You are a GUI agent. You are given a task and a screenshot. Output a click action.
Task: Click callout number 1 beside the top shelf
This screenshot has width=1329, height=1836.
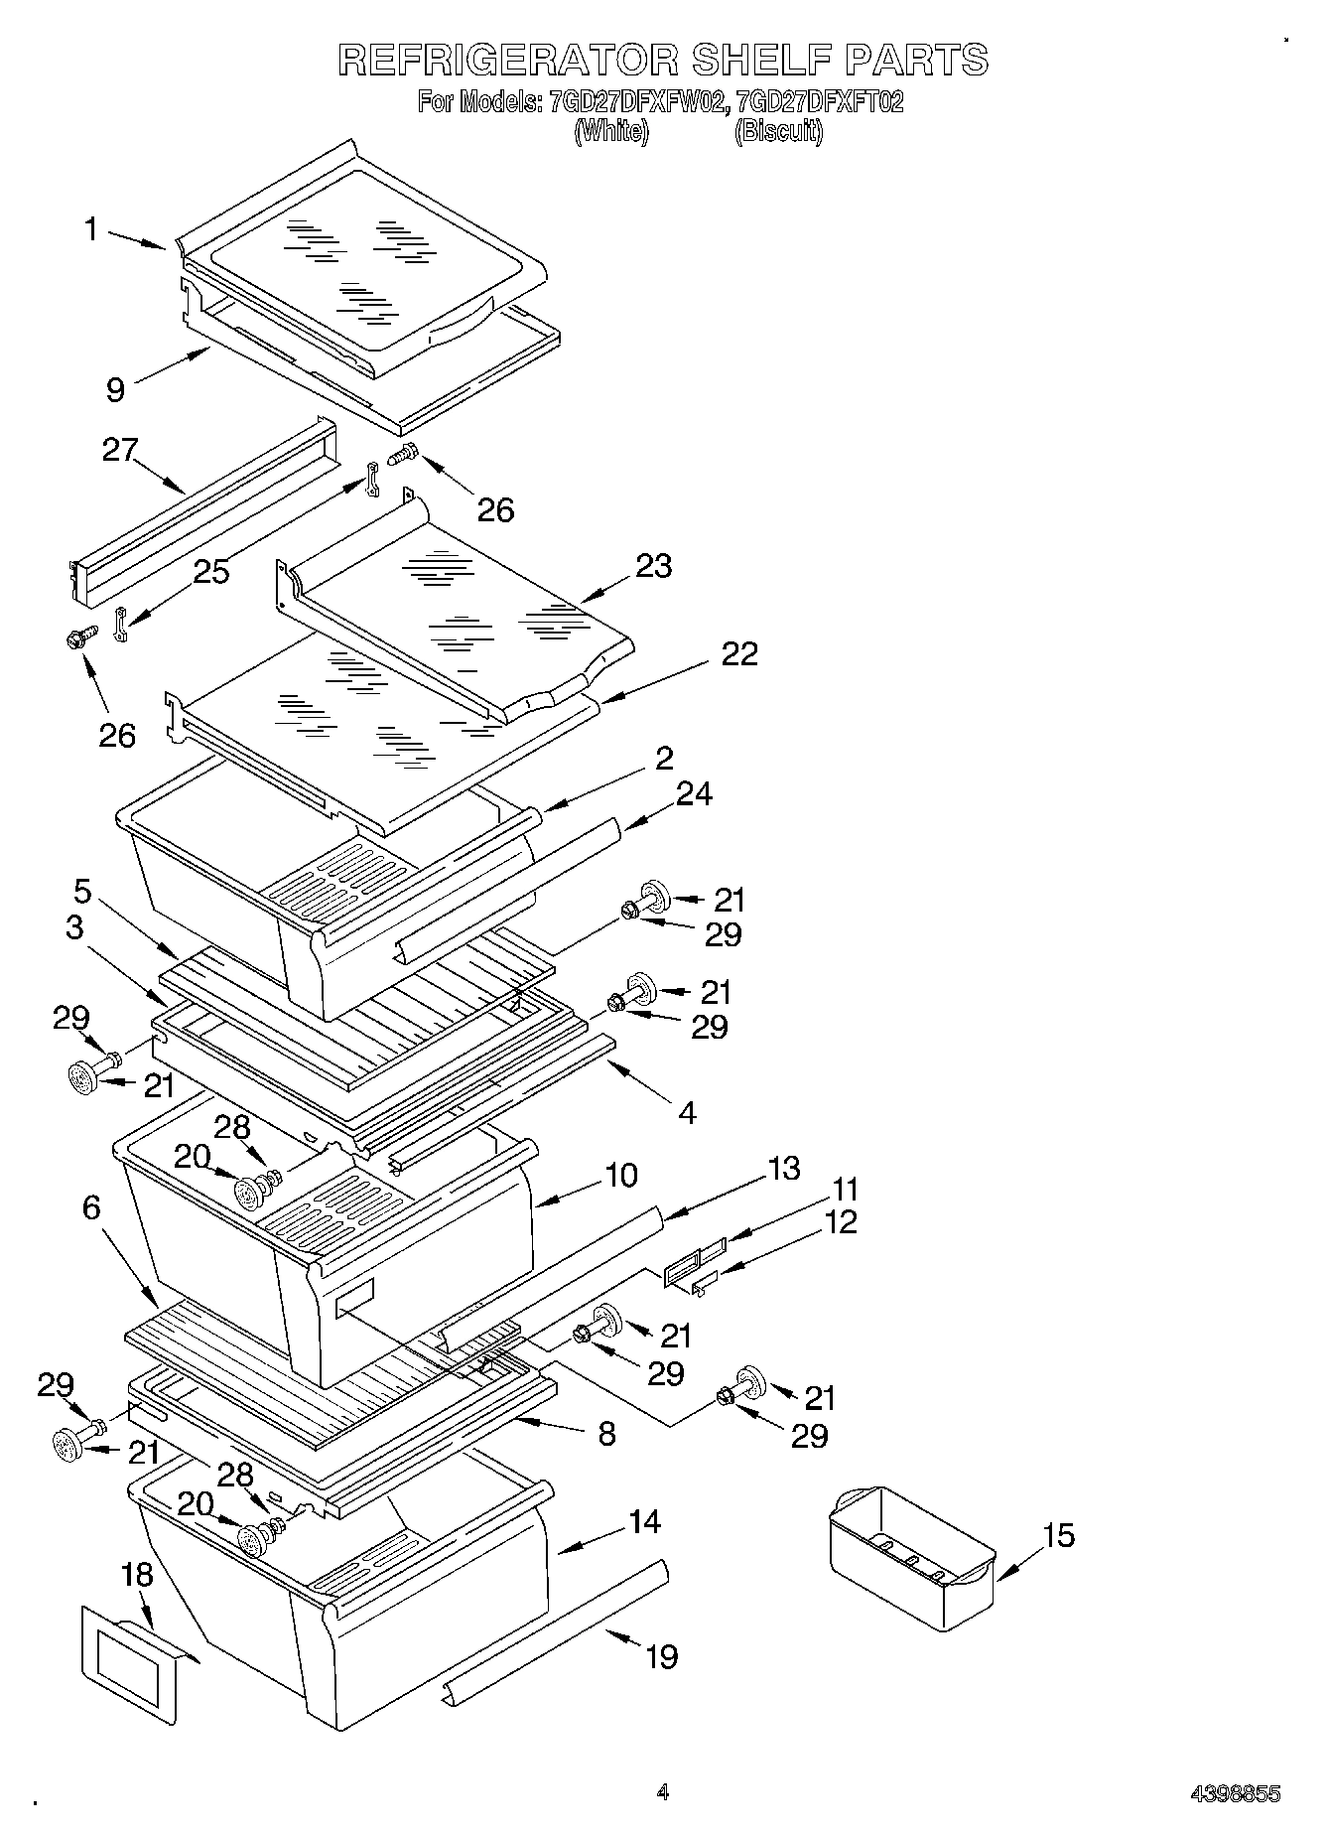92,230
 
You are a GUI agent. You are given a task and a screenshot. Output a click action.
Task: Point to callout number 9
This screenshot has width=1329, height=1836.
116,389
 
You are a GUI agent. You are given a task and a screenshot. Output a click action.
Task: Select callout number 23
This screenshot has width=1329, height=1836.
653,566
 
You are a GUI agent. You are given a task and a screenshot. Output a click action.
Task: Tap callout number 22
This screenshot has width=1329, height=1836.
738,653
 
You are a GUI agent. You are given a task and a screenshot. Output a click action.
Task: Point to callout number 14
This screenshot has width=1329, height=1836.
644,1520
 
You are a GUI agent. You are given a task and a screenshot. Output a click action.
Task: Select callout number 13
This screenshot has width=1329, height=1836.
783,1168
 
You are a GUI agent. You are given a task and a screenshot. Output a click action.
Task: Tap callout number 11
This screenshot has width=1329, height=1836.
845,1189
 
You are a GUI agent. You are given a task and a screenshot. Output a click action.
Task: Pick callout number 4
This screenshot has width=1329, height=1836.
687,1112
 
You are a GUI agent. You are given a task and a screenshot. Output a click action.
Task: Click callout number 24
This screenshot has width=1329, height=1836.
694,793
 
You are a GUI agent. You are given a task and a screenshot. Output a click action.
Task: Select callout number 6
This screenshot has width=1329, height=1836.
91,1207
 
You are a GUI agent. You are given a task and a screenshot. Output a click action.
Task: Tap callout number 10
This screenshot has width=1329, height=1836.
620,1175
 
